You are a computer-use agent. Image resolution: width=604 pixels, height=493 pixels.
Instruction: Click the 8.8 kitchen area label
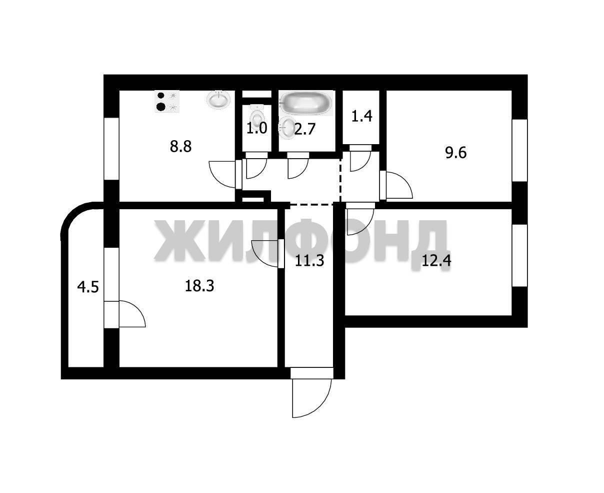pyautogui.click(x=180, y=147)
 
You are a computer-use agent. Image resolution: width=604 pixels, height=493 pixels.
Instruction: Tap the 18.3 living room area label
pyautogui.click(x=199, y=286)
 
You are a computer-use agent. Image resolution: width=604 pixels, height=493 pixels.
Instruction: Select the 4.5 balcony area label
pyautogui.click(x=88, y=287)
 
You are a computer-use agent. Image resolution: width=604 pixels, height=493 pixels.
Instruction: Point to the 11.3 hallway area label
pyautogui.click(x=309, y=261)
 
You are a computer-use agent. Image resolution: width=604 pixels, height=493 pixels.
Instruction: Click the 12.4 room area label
pyautogui.click(x=436, y=261)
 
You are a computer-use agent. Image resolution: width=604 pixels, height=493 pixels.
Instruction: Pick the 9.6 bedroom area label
pyautogui.click(x=455, y=153)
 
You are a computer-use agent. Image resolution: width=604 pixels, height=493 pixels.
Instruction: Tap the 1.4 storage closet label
pyautogui.click(x=361, y=117)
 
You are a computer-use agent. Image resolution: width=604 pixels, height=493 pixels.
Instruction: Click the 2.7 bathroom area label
pyautogui.click(x=304, y=129)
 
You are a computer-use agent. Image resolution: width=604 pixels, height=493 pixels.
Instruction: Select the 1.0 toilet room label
pyautogui.click(x=256, y=128)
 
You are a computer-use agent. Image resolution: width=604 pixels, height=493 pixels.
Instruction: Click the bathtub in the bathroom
pyautogui.click(x=306, y=103)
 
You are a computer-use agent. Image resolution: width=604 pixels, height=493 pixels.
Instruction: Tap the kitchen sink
pyautogui.click(x=218, y=100)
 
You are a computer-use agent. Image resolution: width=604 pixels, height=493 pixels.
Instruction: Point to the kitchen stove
pyautogui.click(x=167, y=101)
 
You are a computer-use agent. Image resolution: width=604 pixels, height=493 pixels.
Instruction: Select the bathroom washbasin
pyautogui.click(x=286, y=128)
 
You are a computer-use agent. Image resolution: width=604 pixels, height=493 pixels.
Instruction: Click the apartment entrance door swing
pyautogui.click(x=311, y=398)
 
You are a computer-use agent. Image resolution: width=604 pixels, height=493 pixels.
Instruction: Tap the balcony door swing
pyautogui.click(x=132, y=314)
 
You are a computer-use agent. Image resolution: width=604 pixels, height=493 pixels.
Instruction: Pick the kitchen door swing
pyautogui.click(x=222, y=174)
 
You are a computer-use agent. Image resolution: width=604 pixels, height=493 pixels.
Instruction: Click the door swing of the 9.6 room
pyautogui.click(x=399, y=185)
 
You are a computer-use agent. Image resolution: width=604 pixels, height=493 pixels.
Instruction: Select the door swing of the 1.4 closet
pyautogui.click(x=360, y=161)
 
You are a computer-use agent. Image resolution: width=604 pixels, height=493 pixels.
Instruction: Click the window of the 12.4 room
pyautogui.click(x=519, y=255)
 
